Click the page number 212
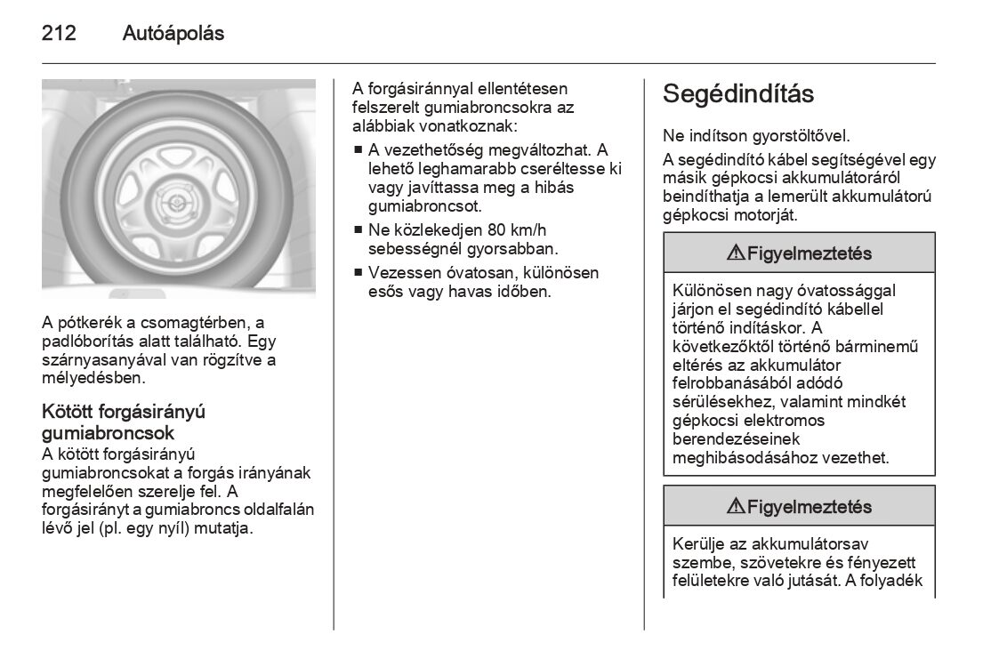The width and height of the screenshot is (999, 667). (x=59, y=34)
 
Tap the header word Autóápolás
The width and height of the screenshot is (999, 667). (x=173, y=34)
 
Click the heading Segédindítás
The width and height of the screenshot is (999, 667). (x=738, y=94)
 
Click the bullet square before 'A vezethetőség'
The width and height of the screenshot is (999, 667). (x=358, y=149)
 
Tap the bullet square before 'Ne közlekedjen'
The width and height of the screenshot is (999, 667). (x=358, y=229)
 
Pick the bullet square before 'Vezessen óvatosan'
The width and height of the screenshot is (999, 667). (x=358, y=273)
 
